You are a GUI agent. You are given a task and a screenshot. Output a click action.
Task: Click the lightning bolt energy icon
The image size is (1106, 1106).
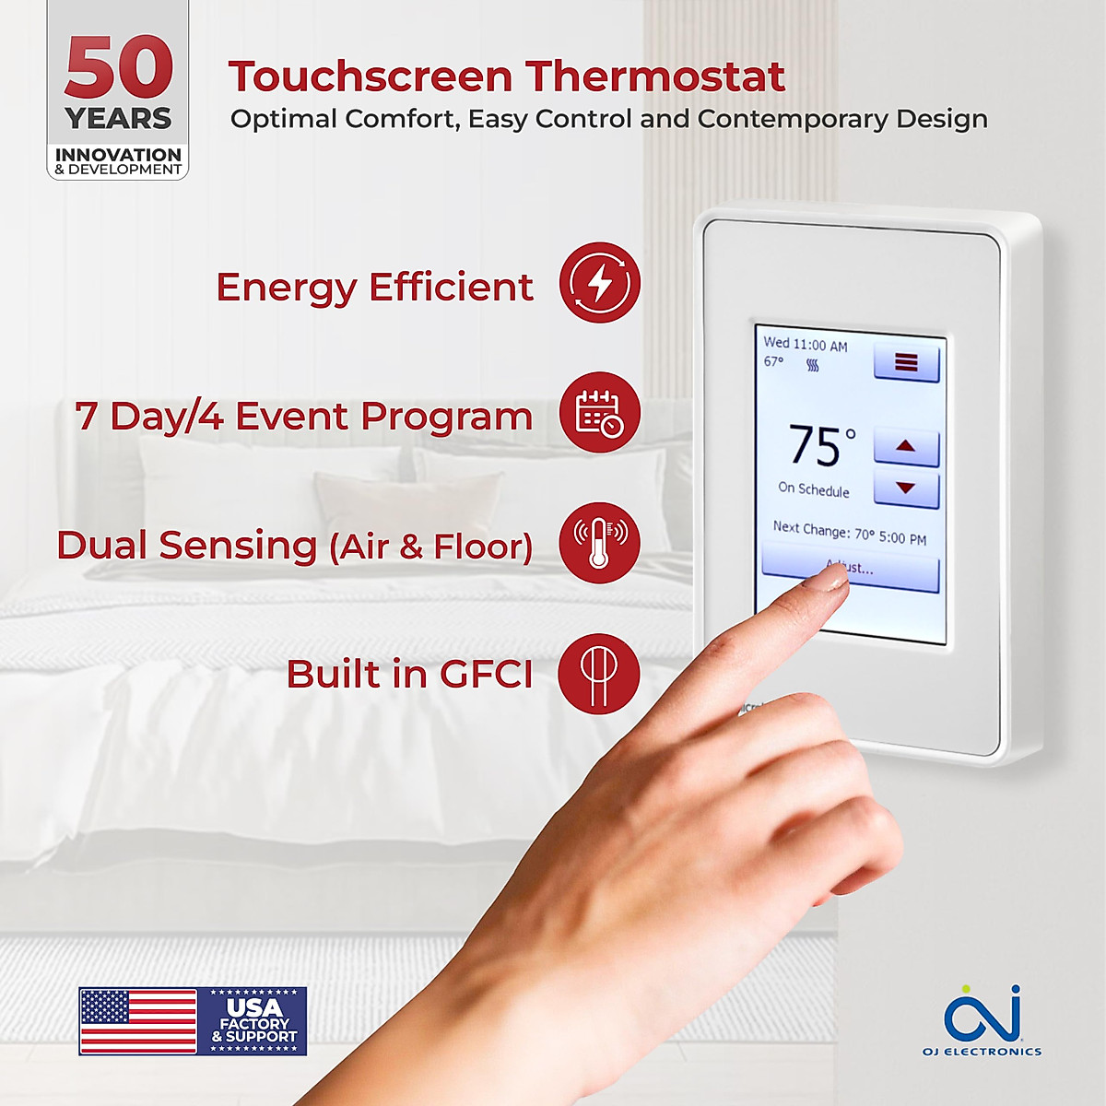[600, 283]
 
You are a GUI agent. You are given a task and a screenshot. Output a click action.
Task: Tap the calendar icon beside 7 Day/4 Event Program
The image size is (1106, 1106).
[600, 413]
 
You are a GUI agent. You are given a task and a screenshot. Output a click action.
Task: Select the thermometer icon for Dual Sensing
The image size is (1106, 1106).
[600, 542]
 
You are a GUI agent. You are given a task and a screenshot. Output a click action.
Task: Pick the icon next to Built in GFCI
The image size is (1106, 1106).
[599, 673]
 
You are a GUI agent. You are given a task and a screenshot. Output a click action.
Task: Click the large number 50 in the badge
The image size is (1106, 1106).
[119, 69]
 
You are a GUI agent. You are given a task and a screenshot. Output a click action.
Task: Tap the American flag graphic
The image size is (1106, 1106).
[138, 1021]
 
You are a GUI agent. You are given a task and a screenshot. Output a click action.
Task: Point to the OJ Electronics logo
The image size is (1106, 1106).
[982, 1019]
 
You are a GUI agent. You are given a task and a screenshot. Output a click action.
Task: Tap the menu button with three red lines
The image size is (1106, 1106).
[906, 362]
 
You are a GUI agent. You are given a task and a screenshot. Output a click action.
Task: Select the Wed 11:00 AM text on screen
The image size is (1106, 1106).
[805, 345]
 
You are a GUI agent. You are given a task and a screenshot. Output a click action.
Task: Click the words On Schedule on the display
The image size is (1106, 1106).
[813, 489]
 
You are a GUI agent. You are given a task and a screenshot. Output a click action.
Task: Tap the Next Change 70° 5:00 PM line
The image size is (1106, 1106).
[849, 533]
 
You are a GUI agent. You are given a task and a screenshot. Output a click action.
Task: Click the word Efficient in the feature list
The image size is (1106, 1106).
[451, 287]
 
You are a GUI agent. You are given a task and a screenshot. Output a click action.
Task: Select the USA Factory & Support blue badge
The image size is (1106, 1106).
[253, 1021]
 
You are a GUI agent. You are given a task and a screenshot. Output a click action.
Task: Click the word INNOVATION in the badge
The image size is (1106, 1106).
[118, 155]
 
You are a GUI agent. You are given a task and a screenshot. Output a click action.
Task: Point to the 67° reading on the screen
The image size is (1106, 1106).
[773, 361]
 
